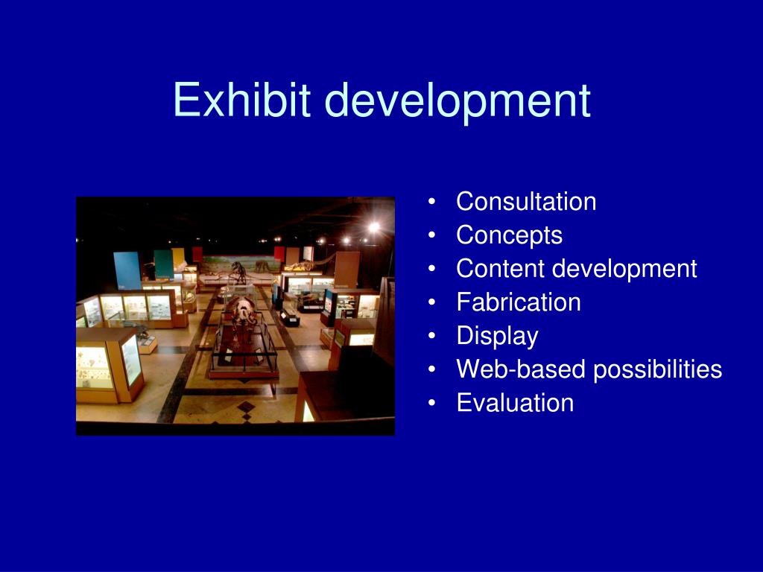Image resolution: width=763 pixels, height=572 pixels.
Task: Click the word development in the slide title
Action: [458, 102]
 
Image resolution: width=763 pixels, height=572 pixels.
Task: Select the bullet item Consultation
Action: [526, 201]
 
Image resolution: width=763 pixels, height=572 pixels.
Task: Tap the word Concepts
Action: [509, 235]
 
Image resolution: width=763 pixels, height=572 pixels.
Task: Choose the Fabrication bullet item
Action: [518, 302]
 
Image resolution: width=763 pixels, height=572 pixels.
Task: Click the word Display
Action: [497, 336]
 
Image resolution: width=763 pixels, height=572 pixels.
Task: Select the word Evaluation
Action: [515, 403]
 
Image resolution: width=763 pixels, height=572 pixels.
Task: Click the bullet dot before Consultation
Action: [432, 202]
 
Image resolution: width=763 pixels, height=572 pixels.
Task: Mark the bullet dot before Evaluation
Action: [432, 404]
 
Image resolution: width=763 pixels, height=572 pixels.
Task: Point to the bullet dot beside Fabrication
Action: [432, 302]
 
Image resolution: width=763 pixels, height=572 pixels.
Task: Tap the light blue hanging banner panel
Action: [127, 270]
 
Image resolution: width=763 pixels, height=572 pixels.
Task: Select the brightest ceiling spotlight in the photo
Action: [373, 226]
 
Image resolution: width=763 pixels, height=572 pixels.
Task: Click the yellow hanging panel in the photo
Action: [178, 259]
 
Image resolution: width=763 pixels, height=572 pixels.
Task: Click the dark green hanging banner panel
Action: [163, 263]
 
